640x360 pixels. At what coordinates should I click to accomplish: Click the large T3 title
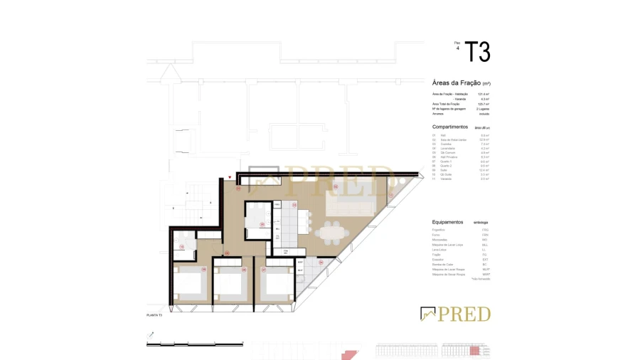[477, 52]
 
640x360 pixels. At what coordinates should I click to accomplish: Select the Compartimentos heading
[450, 127]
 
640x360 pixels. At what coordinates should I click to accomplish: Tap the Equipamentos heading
[448, 222]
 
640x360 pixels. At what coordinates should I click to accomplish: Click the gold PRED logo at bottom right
[456, 314]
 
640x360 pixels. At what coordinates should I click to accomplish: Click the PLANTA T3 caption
[154, 315]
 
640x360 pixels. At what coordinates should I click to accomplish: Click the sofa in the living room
[348, 206]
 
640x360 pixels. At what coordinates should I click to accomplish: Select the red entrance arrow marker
[230, 177]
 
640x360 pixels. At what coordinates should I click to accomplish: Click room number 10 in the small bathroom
[182, 247]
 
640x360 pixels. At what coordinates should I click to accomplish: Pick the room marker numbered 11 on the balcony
[390, 195]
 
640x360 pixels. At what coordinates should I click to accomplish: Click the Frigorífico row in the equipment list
[439, 230]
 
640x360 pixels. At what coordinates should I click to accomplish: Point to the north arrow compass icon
[150, 334]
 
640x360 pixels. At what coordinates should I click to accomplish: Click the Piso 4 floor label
[457, 46]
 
